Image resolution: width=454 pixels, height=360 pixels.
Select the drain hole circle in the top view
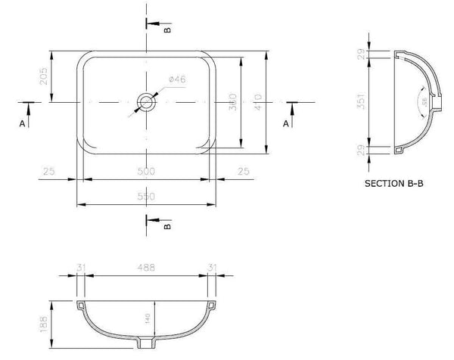[x=145, y=101]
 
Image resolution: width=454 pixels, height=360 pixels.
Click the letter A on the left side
[x=23, y=122]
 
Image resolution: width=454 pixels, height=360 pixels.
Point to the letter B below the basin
[x=168, y=225]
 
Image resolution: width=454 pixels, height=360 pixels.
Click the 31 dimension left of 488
[x=80, y=267]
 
